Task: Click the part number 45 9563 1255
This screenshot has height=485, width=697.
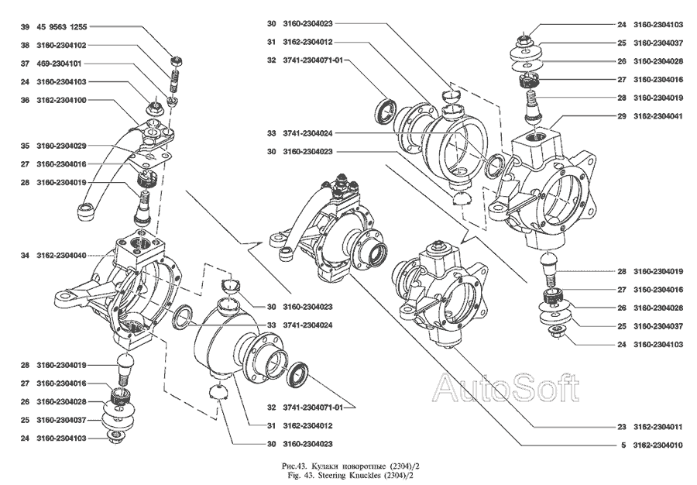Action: pos(66,27)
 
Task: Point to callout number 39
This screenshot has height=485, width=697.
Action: pos(25,27)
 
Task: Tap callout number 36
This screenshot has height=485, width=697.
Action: pos(25,100)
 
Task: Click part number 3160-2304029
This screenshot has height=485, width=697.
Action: pos(61,146)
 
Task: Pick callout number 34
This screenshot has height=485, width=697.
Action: pos(25,255)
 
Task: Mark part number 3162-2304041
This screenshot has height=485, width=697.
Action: pos(661,116)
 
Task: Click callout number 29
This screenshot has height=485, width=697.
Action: pos(621,116)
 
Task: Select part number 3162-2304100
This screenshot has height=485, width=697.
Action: pos(61,100)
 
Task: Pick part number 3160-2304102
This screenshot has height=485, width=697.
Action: pos(61,45)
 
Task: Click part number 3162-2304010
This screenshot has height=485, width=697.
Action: pos(661,445)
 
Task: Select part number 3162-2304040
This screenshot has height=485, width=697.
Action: pos(61,255)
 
